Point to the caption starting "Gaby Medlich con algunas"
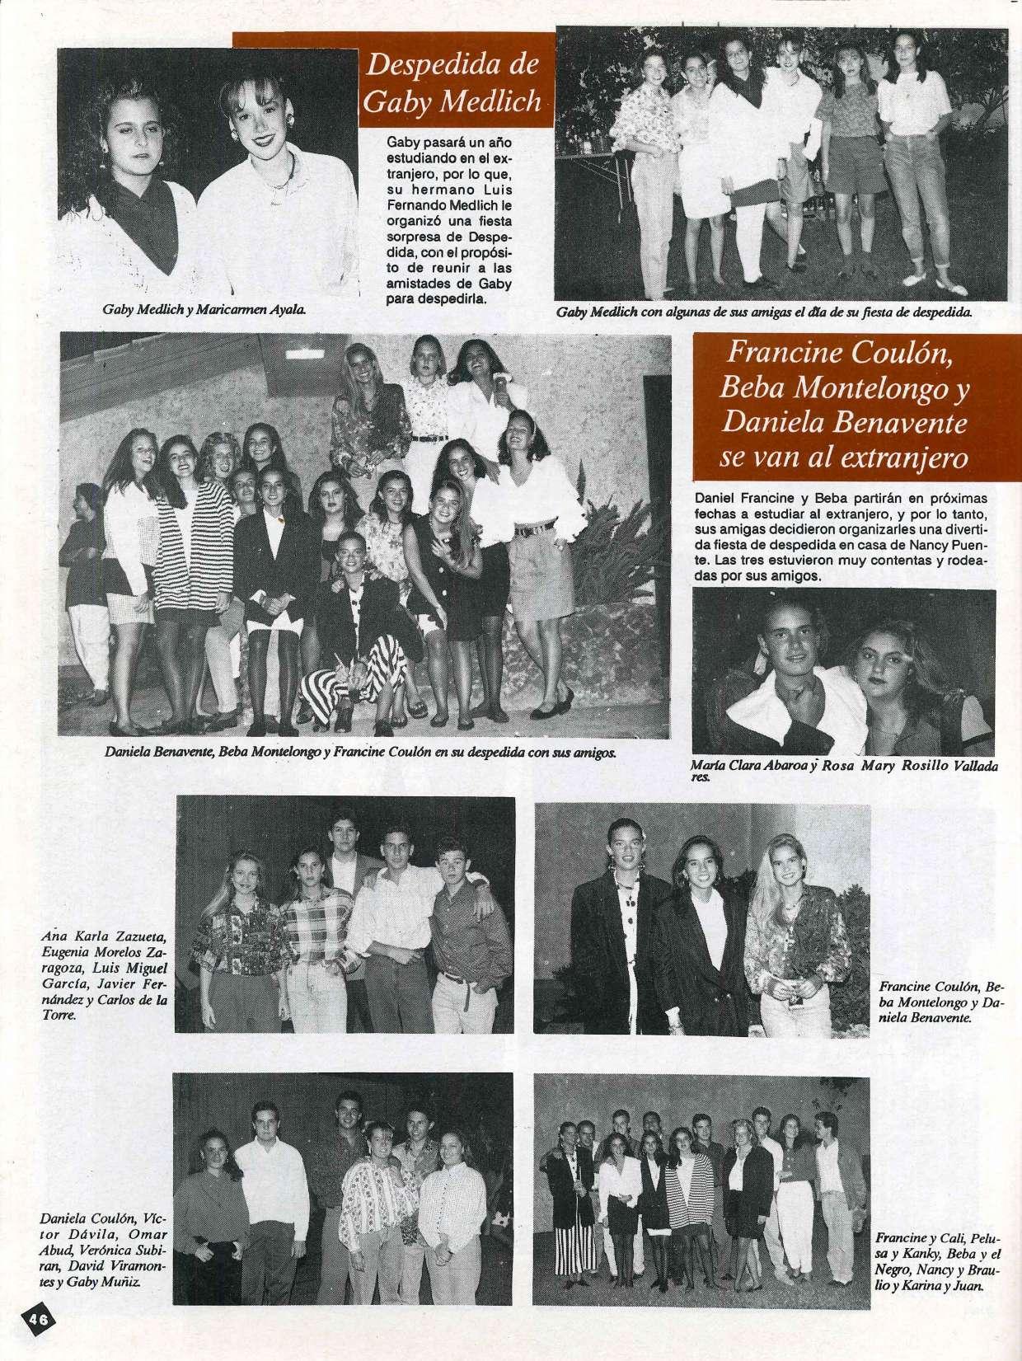764,312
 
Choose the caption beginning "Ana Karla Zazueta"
105,976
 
